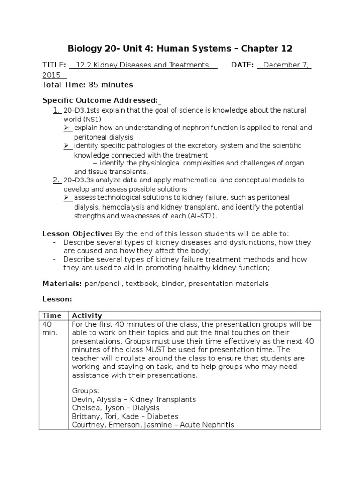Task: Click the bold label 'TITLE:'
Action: click(55, 65)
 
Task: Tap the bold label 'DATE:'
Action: click(242, 65)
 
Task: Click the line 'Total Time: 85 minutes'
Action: click(88, 85)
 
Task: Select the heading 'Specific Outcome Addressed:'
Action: click(100, 100)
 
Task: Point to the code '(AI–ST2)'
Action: click(202, 216)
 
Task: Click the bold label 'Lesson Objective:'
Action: click(77, 233)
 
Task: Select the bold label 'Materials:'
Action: click(62, 284)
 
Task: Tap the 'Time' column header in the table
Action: click(52, 315)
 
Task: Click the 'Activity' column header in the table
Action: click(87, 315)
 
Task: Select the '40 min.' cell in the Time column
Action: click(50, 329)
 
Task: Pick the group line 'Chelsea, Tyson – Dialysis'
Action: click(115, 408)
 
